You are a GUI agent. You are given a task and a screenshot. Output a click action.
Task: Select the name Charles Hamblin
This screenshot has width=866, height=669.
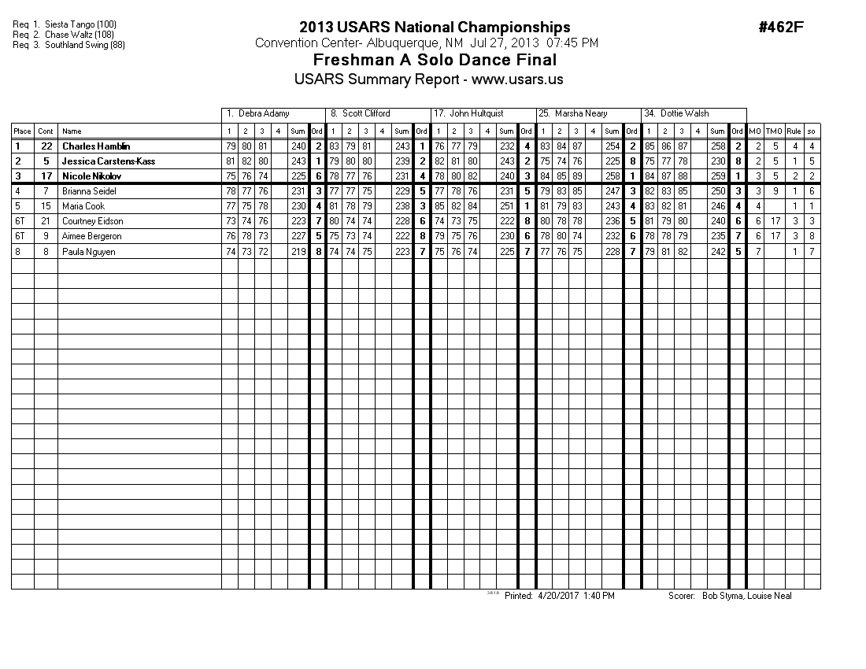tap(96, 146)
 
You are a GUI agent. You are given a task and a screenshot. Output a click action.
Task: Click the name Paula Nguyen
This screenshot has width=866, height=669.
tap(88, 251)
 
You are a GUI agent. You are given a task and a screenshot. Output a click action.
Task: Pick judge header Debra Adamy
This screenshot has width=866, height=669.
tap(258, 113)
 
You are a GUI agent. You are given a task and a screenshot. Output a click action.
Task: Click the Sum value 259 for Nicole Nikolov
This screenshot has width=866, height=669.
tap(717, 176)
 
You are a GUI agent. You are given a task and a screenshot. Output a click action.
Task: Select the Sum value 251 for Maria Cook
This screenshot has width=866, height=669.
tap(506, 206)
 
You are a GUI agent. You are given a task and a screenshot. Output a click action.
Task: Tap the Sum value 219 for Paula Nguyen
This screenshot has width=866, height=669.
tap(298, 251)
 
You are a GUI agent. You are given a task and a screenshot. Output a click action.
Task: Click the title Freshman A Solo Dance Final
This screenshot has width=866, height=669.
tap(435, 60)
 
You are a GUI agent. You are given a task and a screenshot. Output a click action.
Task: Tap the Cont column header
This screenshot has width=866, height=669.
tap(46, 131)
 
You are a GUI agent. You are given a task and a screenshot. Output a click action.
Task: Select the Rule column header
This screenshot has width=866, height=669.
tap(794, 131)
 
